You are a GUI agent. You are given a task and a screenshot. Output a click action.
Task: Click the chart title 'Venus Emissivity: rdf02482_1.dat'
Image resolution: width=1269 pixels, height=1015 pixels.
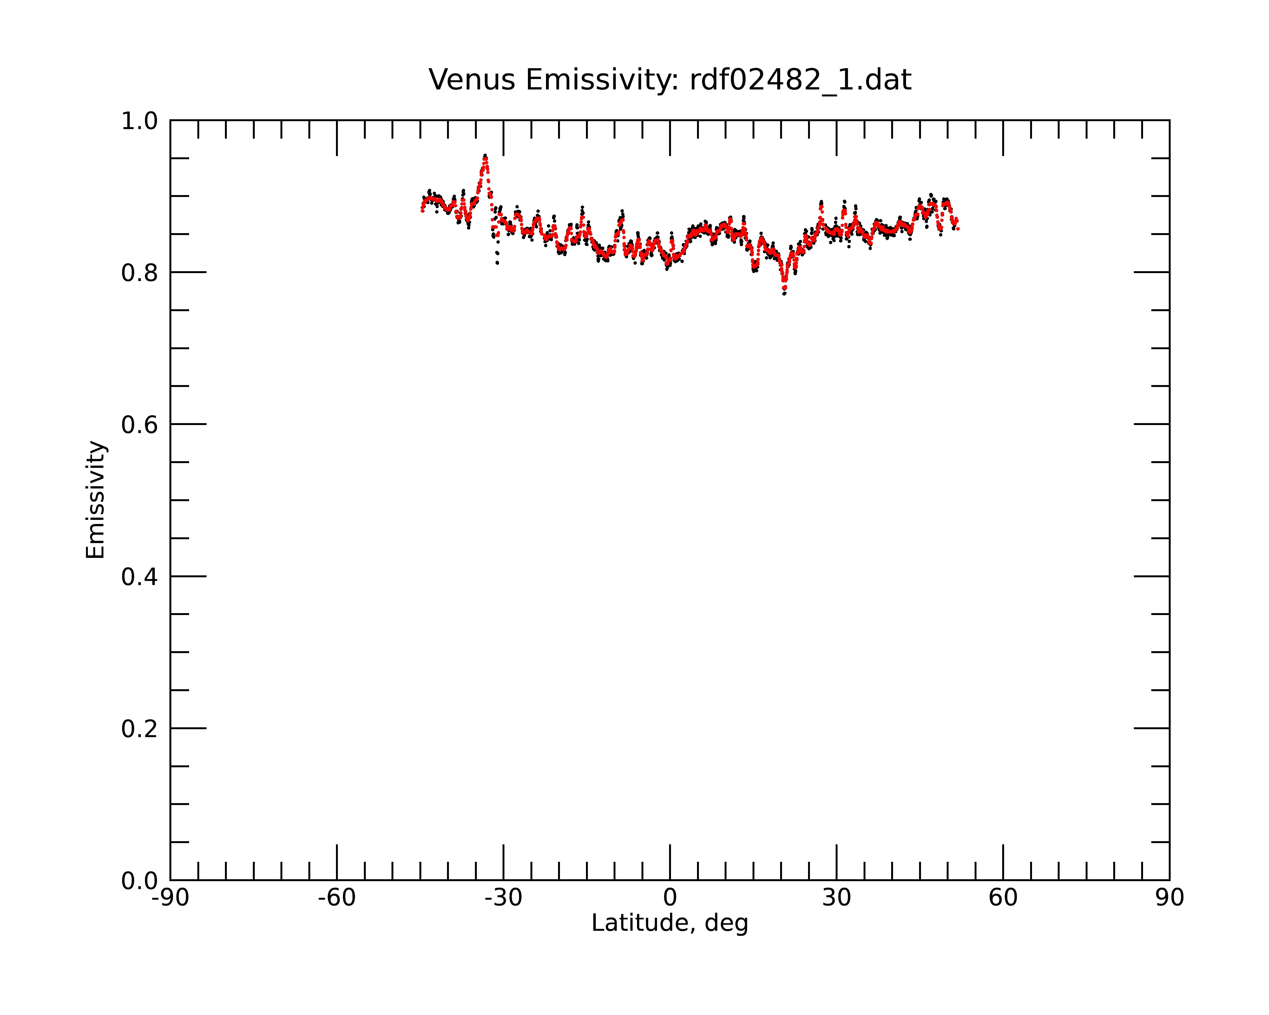pyautogui.click(x=670, y=80)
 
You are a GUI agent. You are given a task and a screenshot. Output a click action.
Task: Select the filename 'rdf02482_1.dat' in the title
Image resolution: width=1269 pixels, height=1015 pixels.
pyautogui.click(x=800, y=80)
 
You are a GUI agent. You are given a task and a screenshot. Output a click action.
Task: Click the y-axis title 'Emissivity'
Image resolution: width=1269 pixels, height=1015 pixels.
pyautogui.click(x=95, y=500)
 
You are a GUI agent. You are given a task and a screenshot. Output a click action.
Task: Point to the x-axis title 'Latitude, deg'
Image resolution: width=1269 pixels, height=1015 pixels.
pyautogui.click(x=670, y=923)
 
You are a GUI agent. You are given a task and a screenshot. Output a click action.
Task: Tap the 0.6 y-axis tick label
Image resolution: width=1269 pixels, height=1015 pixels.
pyautogui.click(x=140, y=424)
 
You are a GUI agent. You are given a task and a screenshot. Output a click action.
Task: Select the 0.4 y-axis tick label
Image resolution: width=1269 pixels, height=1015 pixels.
pyautogui.click(x=140, y=577)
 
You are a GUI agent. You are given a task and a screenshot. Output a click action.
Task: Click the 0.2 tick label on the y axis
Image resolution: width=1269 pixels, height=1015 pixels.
pyautogui.click(x=140, y=729)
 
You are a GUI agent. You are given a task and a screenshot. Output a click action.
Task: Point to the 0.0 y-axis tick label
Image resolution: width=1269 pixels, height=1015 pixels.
pyautogui.click(x=140, y=881)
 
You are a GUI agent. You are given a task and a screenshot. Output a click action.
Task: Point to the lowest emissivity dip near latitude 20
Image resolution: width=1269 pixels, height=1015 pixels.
pyautogui.click(x=784, y=292)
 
